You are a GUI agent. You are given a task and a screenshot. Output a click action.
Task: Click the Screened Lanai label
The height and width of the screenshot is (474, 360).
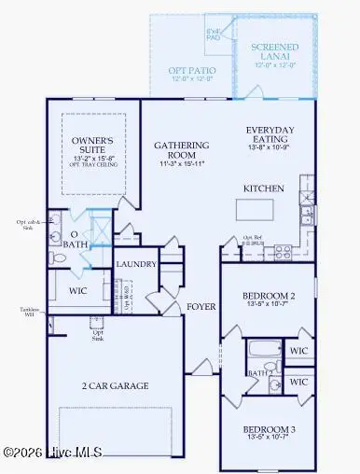coord(274,51)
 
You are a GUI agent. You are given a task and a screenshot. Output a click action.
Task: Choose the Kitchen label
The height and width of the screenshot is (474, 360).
coord(263,188)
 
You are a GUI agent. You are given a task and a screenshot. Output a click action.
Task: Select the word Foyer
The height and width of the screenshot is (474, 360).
coord(201,306)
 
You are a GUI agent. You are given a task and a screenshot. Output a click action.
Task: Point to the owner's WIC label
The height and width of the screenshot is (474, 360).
coord(76,290)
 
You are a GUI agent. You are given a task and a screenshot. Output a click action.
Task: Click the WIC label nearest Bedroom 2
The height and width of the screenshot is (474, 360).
coord(298,352)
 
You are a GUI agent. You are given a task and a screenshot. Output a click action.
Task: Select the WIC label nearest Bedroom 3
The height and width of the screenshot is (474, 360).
coord(298,383)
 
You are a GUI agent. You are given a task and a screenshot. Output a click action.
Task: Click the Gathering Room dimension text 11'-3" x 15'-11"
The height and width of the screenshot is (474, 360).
coord(180,163)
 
